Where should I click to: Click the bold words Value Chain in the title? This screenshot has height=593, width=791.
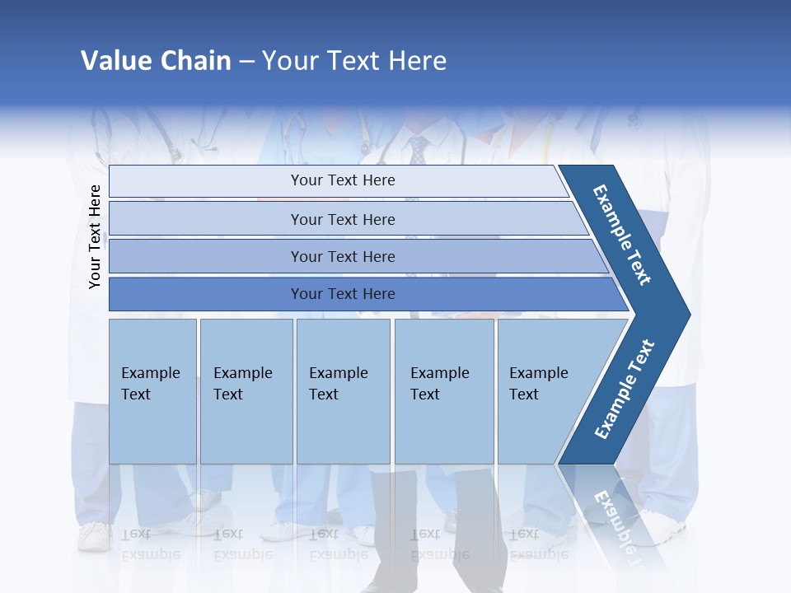[156, 60]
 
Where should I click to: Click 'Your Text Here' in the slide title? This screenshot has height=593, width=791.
[354, 60]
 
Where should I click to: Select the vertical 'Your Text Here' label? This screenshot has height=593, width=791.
[95, 236]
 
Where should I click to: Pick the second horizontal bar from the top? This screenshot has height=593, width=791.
[342, 219]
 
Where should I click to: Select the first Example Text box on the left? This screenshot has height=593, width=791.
[152, 391]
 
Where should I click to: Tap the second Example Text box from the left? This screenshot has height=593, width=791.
[246, 391]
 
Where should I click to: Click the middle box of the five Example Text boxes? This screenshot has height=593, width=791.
[343, 391]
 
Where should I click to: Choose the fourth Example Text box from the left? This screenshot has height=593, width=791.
[443, 391]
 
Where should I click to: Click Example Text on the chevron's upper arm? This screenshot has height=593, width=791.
[623, 235]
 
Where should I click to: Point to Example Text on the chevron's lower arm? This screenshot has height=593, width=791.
[625, 390]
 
